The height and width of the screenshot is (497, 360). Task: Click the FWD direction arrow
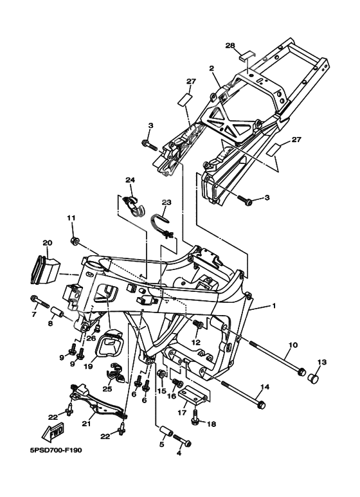[x=53, y=431]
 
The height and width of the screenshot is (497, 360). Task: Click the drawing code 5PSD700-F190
[x=56, y=450]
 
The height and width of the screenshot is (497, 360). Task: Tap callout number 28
[x=230, y=45]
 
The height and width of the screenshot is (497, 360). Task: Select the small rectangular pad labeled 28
[x=248, y=56]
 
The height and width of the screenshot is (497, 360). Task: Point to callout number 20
[x=48, y=243]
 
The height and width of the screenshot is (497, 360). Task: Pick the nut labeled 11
[x=75, y=242]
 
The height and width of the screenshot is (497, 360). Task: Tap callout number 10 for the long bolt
[x=293, y=345]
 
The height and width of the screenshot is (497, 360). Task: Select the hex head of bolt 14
[x=262, y=405]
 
